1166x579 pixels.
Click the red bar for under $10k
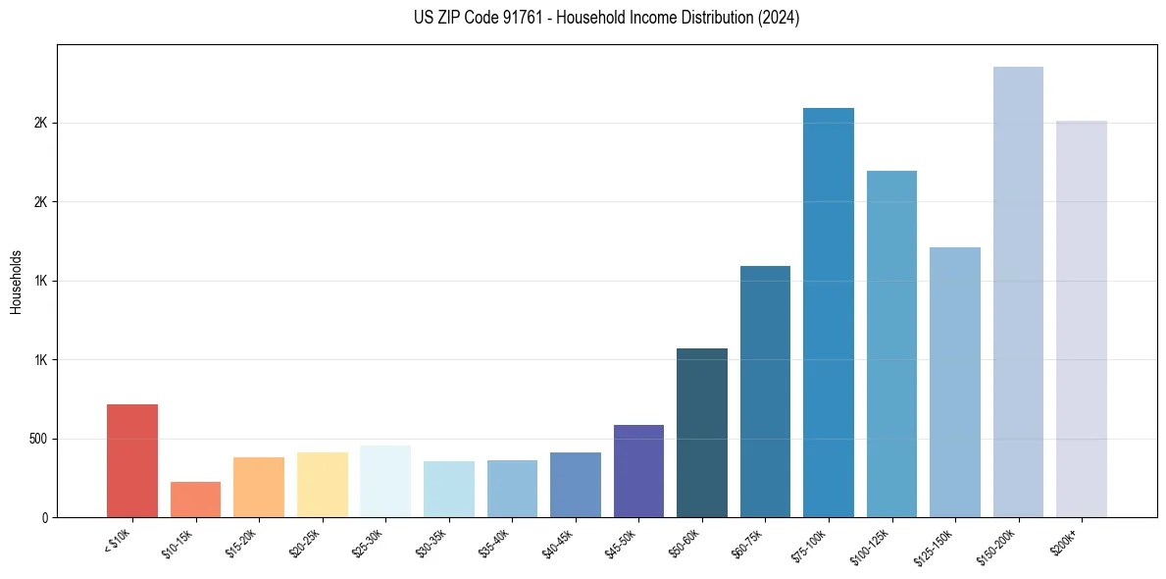pos(132,460)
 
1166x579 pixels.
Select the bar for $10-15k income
pos(195,500)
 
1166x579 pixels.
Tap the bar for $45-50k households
pos(638,471)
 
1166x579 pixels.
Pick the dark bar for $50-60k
pos(702,433)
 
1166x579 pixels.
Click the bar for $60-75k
pos(765,392)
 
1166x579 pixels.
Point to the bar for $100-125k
pos(891,343)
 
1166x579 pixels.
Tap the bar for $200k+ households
pos(1082,319)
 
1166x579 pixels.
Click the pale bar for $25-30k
pos(385,481)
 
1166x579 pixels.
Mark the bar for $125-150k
pos(955,382)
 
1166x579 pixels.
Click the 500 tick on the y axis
pos(38,439)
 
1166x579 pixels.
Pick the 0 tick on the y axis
pos(44,517)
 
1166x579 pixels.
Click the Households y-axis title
pos(16,282)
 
